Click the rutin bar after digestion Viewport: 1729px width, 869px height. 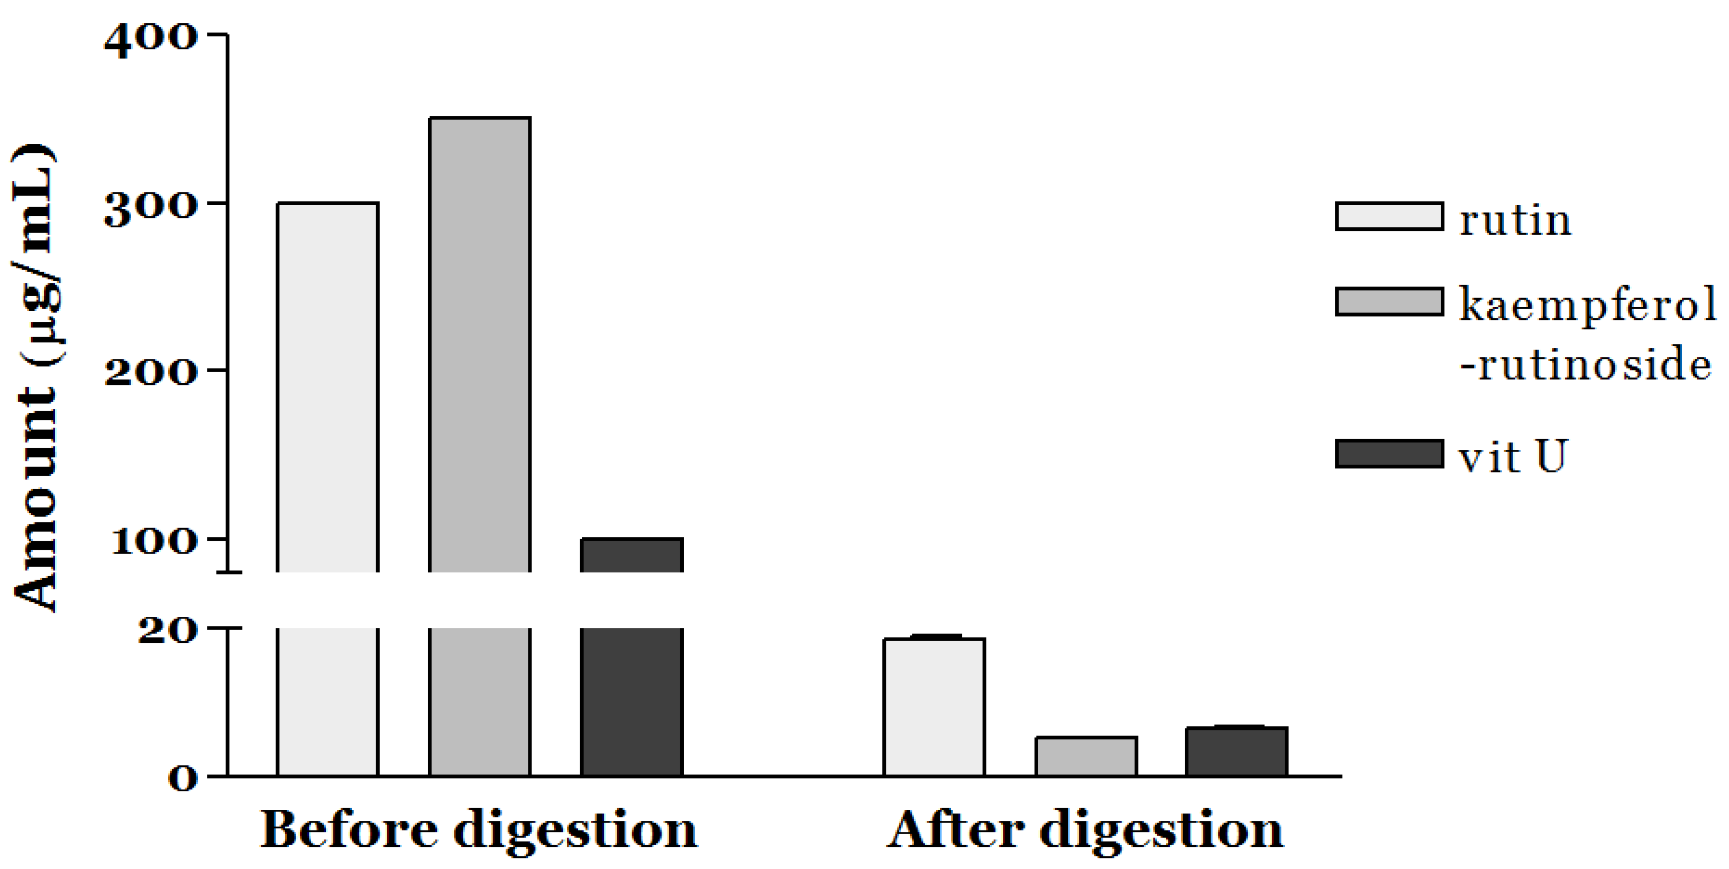tap(934, 707)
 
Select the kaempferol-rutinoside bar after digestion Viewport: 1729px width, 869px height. tap(1085, 757)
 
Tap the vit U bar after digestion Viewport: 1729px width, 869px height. tap(1237, 752)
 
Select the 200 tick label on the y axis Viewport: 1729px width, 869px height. tap(151, 373)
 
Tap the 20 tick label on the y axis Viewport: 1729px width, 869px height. tap(168, 631)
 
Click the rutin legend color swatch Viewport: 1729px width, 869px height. tap(1389, 217)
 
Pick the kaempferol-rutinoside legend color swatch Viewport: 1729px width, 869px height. tap(1389, 301)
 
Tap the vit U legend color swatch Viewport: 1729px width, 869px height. tap(1389, 454)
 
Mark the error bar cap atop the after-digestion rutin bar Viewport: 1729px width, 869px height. tap(934, 635)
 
